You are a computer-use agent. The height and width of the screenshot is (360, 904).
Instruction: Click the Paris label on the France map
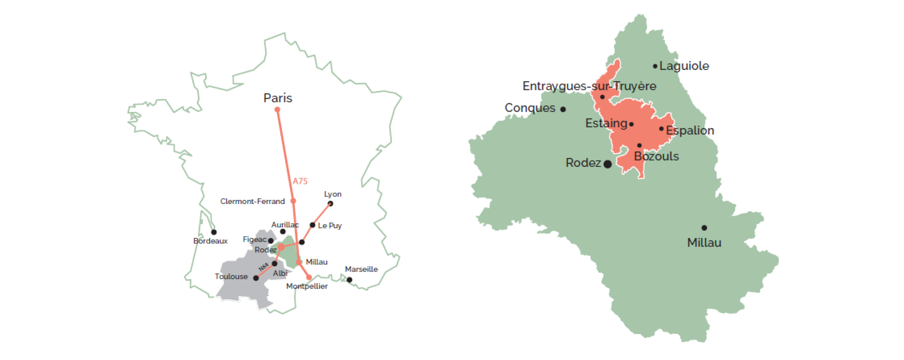(x=277, y=98)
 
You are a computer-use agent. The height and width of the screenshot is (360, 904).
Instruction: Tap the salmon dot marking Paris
(x=277, y=110)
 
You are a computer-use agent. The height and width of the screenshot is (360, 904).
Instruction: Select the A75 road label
(x=300, y=181)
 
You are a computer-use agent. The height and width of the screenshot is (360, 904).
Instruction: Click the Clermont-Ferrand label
(x=252, y=202)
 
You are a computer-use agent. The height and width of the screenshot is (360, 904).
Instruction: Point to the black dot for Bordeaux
(x=214, y=232)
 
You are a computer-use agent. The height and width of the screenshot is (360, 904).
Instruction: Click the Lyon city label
(x=332, y=194)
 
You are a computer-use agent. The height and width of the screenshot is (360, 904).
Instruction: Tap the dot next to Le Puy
(x=312, y=225)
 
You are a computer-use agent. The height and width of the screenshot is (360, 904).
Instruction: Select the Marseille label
(x=361, y=269)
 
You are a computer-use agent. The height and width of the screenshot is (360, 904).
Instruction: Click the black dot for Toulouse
(x=256, y=278)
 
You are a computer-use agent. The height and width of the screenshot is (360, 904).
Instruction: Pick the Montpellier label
(x=307, y=286)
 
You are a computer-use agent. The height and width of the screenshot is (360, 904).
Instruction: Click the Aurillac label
(x=285, y=224)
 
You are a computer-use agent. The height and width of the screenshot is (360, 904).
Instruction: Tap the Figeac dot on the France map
(x=271, y=241)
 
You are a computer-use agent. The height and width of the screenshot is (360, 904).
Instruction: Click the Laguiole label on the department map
(x=684, y=66)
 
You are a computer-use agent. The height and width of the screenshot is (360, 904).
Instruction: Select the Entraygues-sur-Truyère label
(x=589, y=86)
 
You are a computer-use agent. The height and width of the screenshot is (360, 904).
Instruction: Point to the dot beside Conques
(x=563, y=109)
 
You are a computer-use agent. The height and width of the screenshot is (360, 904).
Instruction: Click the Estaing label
(x=606, y=123)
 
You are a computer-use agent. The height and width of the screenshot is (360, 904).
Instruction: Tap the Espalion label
(x=689, y=131)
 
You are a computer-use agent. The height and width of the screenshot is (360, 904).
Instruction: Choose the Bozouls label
(x=656, y=156)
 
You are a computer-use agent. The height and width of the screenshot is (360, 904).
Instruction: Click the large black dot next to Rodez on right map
(x=607, y=164)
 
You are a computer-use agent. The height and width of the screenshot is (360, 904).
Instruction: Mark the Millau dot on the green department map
(x=704, y=228)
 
